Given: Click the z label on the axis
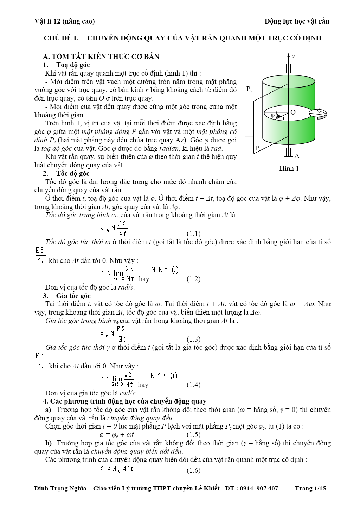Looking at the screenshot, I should pyautogui.click(x=294, y=56).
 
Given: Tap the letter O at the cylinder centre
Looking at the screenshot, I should pyautogui.click(x=293, y=112).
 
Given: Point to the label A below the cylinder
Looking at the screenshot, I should pyautogui.click(x=297, y=156).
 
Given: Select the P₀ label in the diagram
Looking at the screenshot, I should pyautogui.click(x=249, y=89).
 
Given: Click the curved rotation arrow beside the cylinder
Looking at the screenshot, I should pyautogui.click(x=318, y=113).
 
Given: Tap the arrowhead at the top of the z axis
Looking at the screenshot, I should pyautogui.click(x=288, y=56).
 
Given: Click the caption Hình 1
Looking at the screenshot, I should pyautogui.click(x=289, y=169).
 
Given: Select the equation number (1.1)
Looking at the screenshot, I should pyautogui.click(x=193, y=234).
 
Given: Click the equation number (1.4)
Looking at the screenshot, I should pyautogui.click(x=193, y=385).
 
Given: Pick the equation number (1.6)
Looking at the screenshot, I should pyautogui.click(x=193, y=471).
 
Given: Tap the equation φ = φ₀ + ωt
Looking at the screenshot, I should pyautogui.click(x=116, y=435).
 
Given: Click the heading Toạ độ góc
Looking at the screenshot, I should pyautogui.click(x=73, y=65).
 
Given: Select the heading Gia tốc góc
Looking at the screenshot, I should pyautogui.click(x=73, y=296).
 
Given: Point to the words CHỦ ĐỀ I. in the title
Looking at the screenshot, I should pyautogui.click(x=61, y=38).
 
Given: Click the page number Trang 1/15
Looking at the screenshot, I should pyautogui.click(x=310, y=488).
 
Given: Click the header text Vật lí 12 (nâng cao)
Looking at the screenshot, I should pyautogui.click(x=65, y=21).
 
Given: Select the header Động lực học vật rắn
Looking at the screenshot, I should pyautogui.click(x=297, y=21).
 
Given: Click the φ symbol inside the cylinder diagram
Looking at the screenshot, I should pyautogui.click(x=273, y=115).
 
